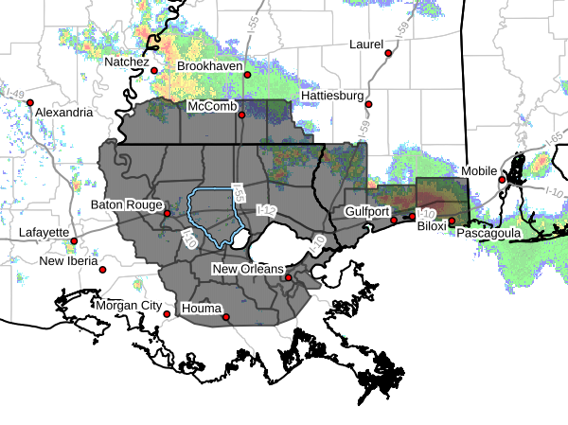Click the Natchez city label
coord(128,62)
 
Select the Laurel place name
coord(365,44)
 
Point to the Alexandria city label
coord(63,113)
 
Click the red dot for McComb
coord(241,115)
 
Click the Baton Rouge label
coord(128,204)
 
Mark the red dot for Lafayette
coord(74,240)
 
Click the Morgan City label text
coord(128,306)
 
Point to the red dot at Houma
coord(226,317)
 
